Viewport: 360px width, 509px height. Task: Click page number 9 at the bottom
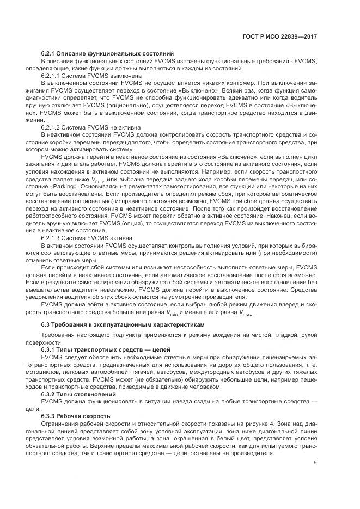pos(316,463)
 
